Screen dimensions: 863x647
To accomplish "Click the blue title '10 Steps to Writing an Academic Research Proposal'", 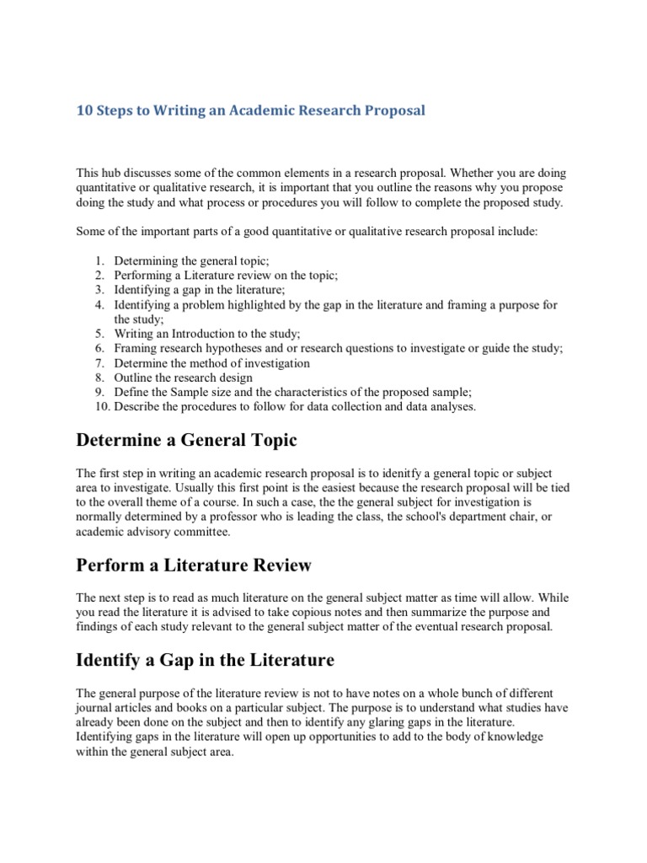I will coord(251,111).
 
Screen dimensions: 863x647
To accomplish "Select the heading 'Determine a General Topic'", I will coord(186,441).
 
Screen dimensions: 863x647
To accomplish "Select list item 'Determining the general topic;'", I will coord(191,260).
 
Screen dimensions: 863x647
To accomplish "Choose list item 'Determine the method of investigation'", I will coord(212,363).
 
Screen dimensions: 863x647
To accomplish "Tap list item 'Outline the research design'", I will coord(184,378).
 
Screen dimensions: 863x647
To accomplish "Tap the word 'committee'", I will coord(202,531).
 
